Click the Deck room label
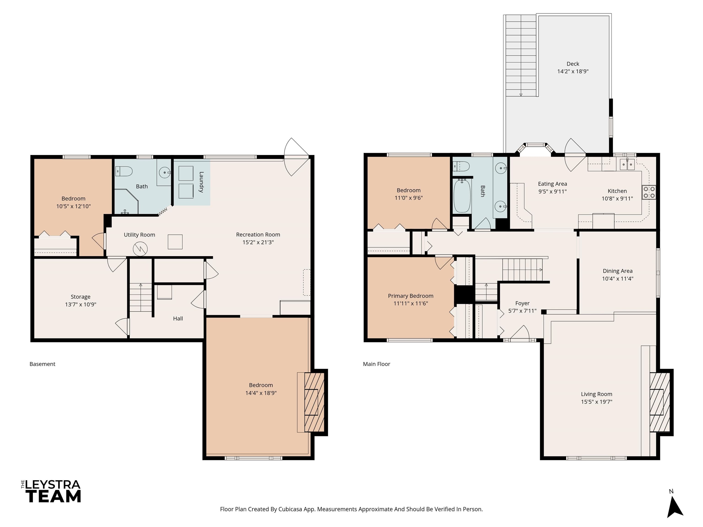(x=573, y=64)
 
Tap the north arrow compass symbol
(x=675, y=507)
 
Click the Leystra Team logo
(x=51, y=491)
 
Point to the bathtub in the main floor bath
(x=462, y=196)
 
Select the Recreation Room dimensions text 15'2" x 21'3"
(x=258, y=242)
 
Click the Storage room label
(x=80, y=297)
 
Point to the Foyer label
(x=522, y=303)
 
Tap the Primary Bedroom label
(x=411, y=296)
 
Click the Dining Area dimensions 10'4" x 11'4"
(x=617, y=279)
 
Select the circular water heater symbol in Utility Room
(x=140, y=249)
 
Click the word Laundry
(x=201, y=182)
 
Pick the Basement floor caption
(x=42, y=364)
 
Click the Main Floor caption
(x=377, y=364)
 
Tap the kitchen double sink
(x=627, y=164)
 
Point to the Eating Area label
(x=552, y=184)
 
